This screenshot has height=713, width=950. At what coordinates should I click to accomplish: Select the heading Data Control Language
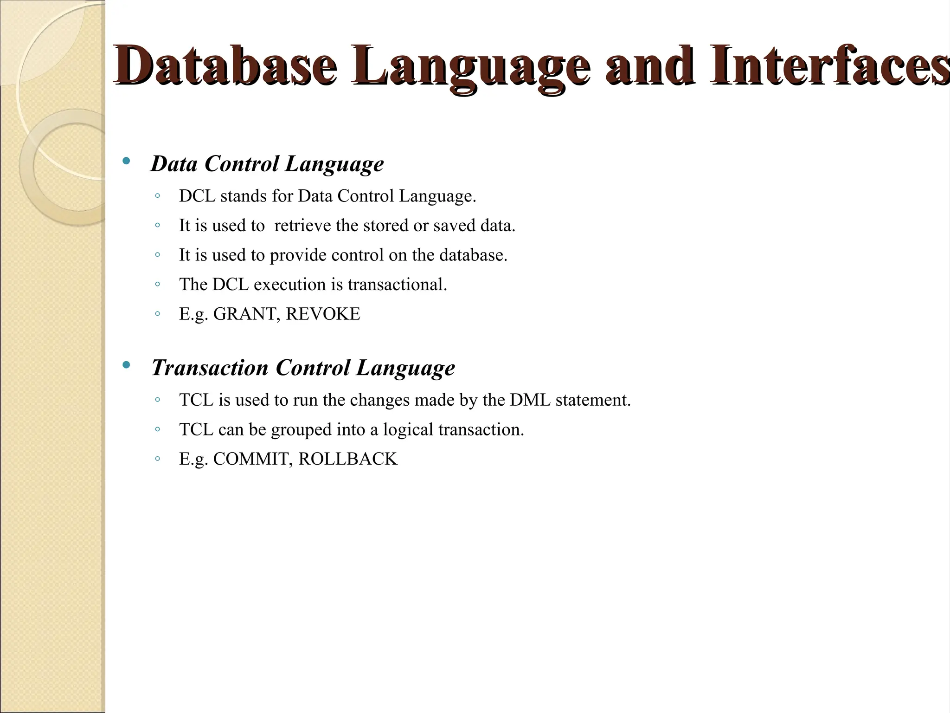pos(267,164)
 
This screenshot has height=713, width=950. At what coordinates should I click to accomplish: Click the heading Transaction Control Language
pos(303,368)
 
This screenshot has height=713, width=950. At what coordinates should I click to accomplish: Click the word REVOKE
pos(323,314)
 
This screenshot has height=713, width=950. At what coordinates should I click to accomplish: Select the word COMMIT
pos(253,459)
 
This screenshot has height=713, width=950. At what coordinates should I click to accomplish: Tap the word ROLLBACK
pos(348,459)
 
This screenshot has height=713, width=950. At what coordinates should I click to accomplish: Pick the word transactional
pos(397,285)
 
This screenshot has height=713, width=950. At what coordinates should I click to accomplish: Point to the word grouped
pos(301,430)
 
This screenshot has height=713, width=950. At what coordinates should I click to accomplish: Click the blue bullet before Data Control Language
pos(126,162)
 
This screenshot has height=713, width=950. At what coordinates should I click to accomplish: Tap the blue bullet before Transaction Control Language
pos(126,365)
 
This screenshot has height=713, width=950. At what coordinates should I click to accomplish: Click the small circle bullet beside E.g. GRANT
pos(157,314)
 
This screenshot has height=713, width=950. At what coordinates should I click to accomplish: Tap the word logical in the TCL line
pos(408,430)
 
